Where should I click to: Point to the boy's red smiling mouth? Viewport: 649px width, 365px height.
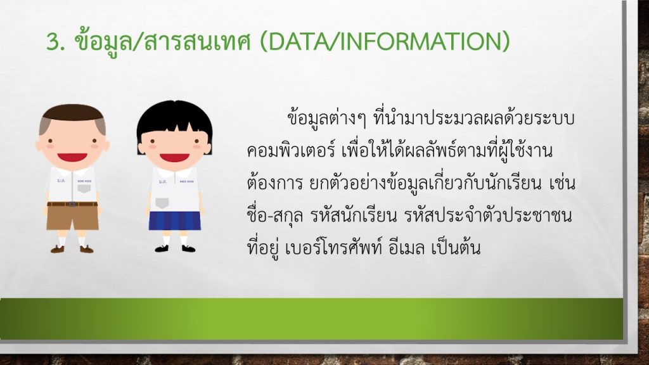tap(72, 157)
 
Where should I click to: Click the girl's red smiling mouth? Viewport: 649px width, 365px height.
tap(175, 158)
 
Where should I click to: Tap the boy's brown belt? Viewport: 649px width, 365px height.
tap(72, 204)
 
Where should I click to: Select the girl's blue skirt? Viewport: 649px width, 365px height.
tap(175, 221)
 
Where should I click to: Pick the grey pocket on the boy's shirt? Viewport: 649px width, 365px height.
tap(84, 189)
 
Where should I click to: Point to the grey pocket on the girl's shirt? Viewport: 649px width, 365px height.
tap(162, 203)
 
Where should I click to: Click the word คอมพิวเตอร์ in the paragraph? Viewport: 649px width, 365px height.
tap(291, 151)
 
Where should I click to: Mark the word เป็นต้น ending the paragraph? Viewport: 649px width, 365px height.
tap(456, 248)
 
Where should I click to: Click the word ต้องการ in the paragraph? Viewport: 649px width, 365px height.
tap(275, 183)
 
